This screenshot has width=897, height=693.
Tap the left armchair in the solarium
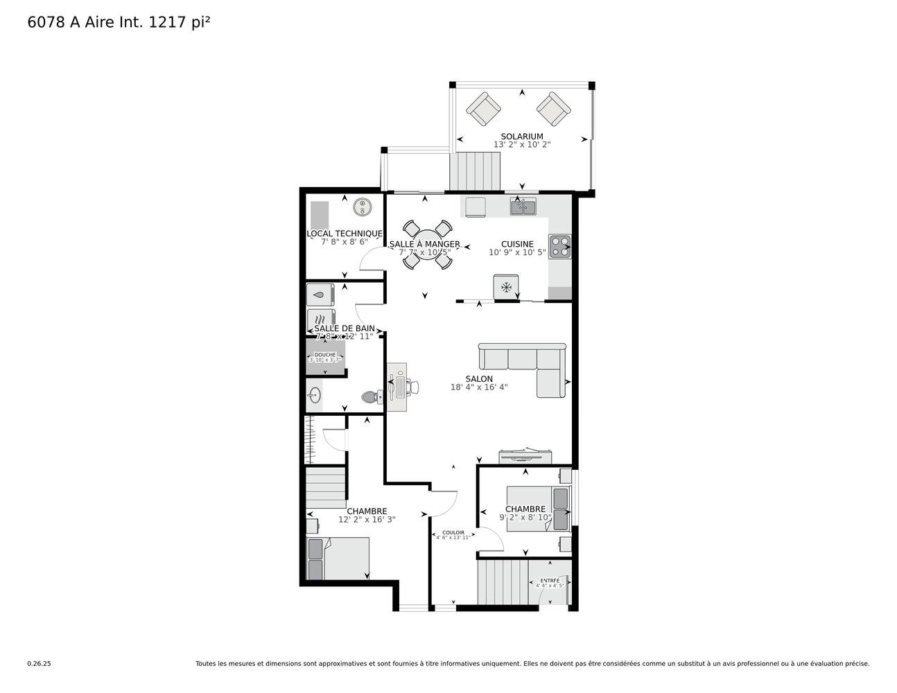click(x=483, y=109)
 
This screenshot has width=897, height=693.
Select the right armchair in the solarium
click(x=553, y=109)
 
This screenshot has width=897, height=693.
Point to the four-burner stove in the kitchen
click(x=559, y=247)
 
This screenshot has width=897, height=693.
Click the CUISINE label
click(x=517, y=244)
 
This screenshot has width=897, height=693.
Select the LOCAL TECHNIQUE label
click(x=344, y=234)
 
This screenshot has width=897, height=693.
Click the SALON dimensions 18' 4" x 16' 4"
click(x=479, y=387)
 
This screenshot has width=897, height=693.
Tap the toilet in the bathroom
click(x=371, y=397)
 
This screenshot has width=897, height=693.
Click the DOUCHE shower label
click(x=324, y=355)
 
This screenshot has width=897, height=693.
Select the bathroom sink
click(x=315, y=396)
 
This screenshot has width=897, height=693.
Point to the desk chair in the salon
click(x=413, y=386)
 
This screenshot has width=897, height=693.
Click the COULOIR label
click(x=453, y=532)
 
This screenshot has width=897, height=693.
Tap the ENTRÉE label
click(x=550, y=580)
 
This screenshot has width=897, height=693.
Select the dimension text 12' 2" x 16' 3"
click(x=367, y=519)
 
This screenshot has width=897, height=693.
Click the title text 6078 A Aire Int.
click(x=85, y=22)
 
